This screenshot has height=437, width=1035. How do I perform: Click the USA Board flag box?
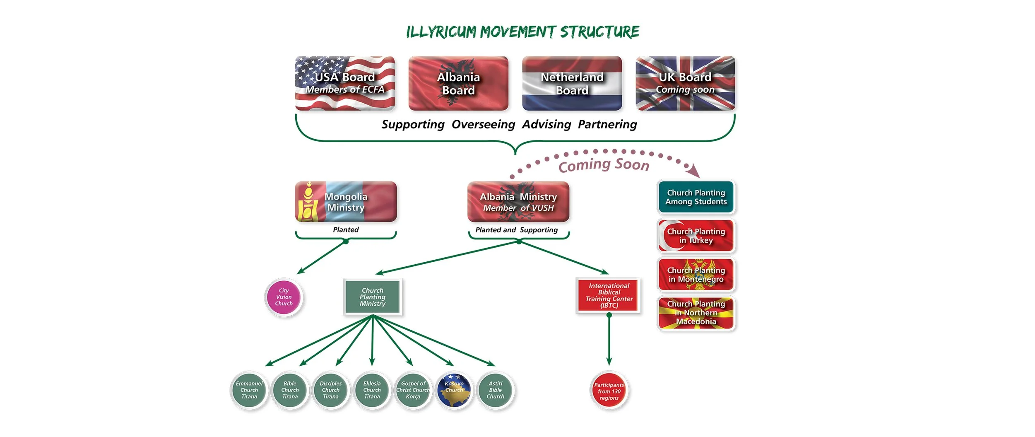click(x=344, y=83)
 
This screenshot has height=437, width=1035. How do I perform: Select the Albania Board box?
click(x=458, y=83)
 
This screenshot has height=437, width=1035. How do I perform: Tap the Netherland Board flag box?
click(x=572, y=83)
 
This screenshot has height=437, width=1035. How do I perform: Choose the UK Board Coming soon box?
click(x=685, y=83)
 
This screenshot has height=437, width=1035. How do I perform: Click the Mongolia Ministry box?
click(x=346, y=202)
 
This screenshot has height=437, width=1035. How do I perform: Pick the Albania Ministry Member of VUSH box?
click(x=518, y=202)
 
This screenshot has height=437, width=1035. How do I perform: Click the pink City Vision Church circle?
click(x=284, y=297)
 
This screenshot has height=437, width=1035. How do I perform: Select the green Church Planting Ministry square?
click(x=373, y=297)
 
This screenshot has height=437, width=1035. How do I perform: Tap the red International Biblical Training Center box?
click(x=609, y=295)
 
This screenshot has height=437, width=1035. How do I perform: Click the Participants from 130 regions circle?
click(x=609, y=391)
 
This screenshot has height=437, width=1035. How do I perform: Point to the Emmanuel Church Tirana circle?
click(x=249, y=390)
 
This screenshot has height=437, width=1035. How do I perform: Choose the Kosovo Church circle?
click(x=454, y=390)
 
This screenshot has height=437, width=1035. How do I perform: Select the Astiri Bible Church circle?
click(x=495, y=390)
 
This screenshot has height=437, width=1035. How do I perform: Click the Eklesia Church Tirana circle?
click(x=372, y=390)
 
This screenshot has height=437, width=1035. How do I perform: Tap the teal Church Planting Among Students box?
click(x=696, y=197)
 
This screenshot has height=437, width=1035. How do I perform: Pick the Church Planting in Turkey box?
click(x=696, y=236)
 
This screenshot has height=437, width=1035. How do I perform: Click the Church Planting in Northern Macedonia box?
click(x=696, y=313)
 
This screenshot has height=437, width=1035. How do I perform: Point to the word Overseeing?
click(x=483, y=124)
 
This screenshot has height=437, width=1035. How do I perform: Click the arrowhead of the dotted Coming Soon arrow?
click(x=694, y=171)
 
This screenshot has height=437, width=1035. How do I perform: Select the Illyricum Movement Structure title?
click(x=522, y=32)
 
